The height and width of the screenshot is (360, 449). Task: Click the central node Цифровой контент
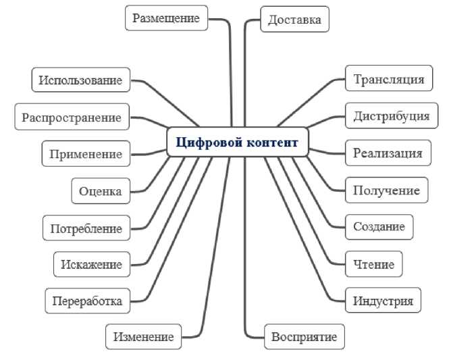[x=238, y=142]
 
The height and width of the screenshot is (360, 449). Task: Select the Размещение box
[x=165, y=18]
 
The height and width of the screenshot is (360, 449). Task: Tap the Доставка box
[x=294, y=20]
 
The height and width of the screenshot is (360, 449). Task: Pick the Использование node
[x=80, y=80]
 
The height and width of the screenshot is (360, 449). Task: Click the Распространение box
[x=72, y=118]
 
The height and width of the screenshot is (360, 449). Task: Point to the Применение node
[x=86, y=154]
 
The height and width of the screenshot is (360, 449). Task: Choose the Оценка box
[x=100, y=191]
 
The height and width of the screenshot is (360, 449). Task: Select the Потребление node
[x=86, y=228]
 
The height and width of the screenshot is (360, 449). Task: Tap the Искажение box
[x=91, y=264]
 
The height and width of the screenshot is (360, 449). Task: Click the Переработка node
[x=87, y=301]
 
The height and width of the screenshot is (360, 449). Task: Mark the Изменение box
[x=143, y=336]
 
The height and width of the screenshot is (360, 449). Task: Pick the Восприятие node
[x=303, y=336]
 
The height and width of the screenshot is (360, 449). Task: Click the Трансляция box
[x=388, y=79]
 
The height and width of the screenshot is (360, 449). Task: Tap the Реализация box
[x=388, y=153]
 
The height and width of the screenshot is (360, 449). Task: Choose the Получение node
[x=386, y=190]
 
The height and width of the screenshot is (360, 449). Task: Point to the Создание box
[x=379, y=226]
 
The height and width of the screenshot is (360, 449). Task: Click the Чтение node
[x=373, y=263]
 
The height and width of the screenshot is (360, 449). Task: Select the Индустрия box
[x=383, y=300]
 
